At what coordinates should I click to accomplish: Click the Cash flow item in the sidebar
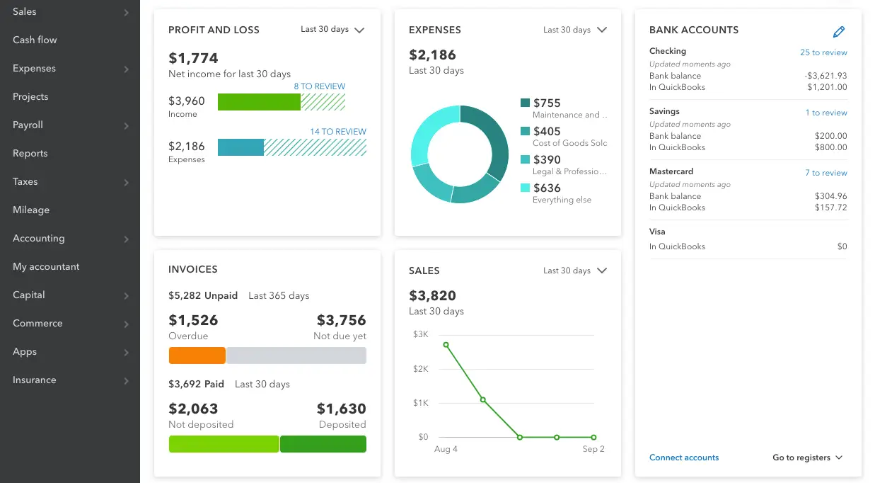coord(35,40)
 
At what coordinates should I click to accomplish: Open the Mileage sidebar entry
coord(31,210)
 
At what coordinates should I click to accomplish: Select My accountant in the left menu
coord(46,267)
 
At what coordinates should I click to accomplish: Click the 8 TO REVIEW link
coord(320,86)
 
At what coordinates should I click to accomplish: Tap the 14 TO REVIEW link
coord(338,132)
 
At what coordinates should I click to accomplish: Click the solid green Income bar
coord(259,102)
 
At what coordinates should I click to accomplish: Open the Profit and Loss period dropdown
coord(332,30)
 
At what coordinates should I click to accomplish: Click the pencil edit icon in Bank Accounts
coord(839,31)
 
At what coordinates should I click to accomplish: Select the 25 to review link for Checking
coord(823,52)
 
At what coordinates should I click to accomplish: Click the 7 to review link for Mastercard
coord(825,173)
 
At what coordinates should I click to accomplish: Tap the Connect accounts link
coord(684,458)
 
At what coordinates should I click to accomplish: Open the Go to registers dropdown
coord(807,458)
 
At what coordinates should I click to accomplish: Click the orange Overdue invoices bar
coord(197,356)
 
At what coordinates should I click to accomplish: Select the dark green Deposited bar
coord(323,444)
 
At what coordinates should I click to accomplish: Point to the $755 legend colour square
coord(525,103)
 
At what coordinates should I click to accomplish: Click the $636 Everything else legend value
coord(547,188)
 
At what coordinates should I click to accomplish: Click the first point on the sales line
coord(446,345)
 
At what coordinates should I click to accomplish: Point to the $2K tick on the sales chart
coord(420,369)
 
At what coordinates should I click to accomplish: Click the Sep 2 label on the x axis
coord(593,449)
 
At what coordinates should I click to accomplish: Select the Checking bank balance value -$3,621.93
coord(825,76)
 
